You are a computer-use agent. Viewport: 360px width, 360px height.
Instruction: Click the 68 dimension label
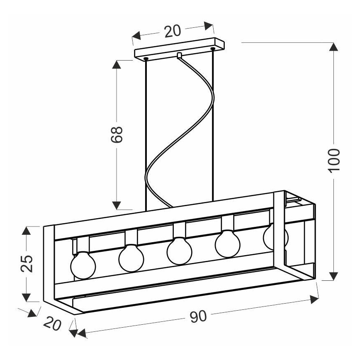[117, 134]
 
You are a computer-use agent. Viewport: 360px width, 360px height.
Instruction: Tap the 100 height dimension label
[333, 160]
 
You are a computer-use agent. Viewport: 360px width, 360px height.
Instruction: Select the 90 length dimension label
[198, 316]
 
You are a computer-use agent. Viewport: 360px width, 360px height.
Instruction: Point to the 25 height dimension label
[27, 263]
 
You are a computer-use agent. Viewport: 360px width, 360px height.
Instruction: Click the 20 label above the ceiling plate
[173, 31]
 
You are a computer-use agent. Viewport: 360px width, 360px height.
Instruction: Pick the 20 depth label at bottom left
[53, 323]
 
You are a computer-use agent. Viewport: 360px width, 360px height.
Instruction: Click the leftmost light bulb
[83, 265]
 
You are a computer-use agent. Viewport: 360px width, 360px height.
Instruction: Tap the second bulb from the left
[131, 258]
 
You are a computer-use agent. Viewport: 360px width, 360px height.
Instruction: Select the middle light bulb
[179, 251]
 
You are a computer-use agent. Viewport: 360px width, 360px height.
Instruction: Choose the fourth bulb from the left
[228, 243]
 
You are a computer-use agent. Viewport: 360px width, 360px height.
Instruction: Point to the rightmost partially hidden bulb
[275, 237]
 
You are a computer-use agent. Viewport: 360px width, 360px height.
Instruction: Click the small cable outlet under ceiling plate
[179, 56]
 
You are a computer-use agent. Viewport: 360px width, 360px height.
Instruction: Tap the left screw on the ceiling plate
[146, 59]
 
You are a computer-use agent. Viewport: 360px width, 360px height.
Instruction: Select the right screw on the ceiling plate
[213, 49]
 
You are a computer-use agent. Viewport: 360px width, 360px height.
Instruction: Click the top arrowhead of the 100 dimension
[333, 46]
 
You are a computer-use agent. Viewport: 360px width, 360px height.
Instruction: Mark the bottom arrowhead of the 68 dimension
[117, 205]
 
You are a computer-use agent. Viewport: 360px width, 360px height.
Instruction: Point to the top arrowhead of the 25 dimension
[27, 231]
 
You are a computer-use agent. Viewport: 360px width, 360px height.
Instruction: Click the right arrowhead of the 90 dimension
[314, 299]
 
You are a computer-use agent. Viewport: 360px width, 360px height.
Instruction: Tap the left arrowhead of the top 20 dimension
[136, 36]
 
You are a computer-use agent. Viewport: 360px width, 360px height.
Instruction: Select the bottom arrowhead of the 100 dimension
[333, 276]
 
